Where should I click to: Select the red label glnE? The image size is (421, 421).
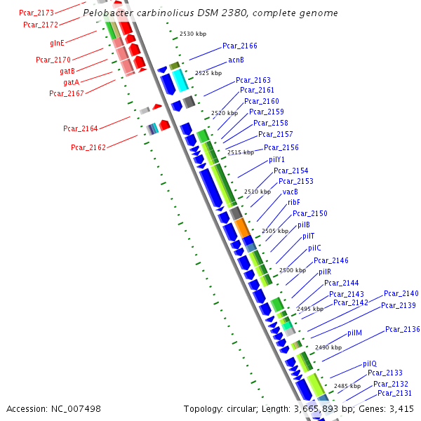click(x=57, y=43)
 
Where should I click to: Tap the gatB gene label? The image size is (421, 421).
click(x=67, y=71)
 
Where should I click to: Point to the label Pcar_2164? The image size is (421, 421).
click(x=80, y=128)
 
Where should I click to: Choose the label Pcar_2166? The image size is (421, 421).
click(x=240, y=46)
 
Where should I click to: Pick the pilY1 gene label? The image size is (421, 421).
click(x=276, y=159)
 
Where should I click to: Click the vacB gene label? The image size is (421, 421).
click(x=290, y=192)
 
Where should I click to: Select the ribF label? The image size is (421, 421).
click(x=294, y=202)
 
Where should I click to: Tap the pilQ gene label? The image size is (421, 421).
click(x=370, y=363)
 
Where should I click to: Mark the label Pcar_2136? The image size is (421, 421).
click(x=402, y=329)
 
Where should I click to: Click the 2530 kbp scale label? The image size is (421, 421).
click(x=192, y=34)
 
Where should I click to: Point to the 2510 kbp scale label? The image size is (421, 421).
click(x=258, y=192)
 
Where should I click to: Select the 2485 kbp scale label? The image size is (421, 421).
click(x=347, y=386)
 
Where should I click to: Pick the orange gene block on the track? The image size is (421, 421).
click(x=241, y=227)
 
